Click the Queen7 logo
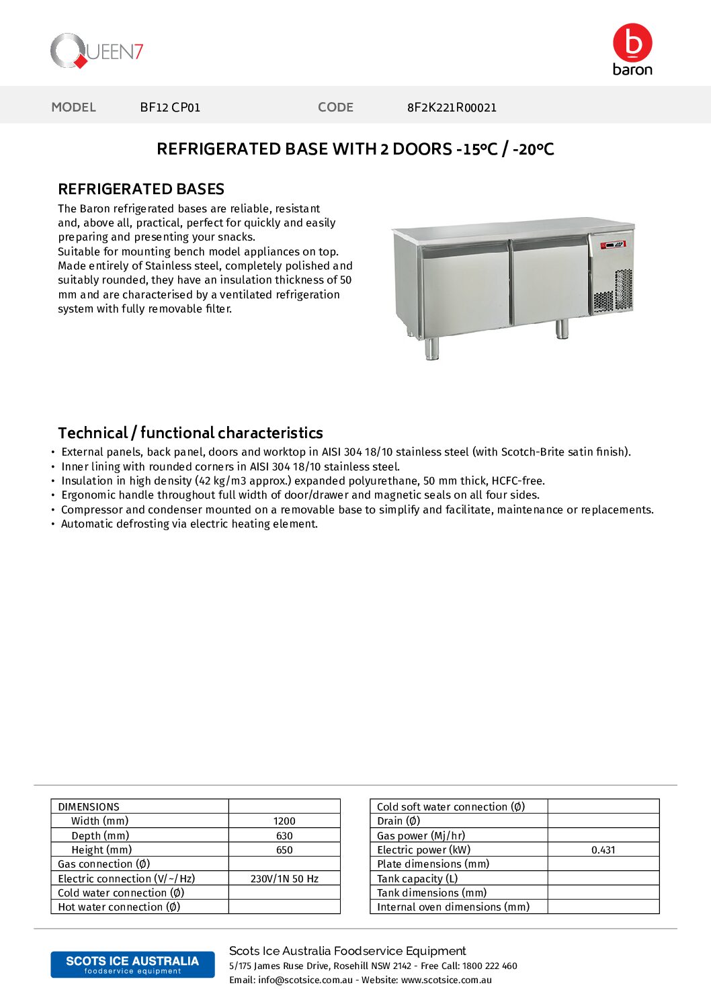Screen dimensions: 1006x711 tap(97, 51)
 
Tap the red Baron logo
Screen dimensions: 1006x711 tap(632, 49)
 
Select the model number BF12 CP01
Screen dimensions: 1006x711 tap(170, 108)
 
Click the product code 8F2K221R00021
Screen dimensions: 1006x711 tap(452, 108)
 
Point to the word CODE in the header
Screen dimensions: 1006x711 tap(335, 108)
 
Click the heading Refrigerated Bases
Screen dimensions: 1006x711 tap(141, 189)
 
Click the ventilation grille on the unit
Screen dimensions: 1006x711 tap(613, 291)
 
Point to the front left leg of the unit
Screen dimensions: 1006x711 tap(432, 347)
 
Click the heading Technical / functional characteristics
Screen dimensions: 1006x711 tap(190, 433)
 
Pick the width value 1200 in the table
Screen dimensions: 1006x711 tap(284, 821)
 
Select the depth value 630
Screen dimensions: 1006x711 tap(284, 836)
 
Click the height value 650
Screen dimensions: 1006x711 tap(284, 850)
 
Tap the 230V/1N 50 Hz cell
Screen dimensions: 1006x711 tap(284, 879)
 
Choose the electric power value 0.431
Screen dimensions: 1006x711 tap(603, 850)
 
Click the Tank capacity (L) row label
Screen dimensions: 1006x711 tap(417, 879)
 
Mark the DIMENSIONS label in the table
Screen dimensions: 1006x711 tap(89, 807)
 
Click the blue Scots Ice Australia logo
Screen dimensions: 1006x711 tap(132, 964)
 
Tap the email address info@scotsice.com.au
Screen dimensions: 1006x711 tap(305, 980)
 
